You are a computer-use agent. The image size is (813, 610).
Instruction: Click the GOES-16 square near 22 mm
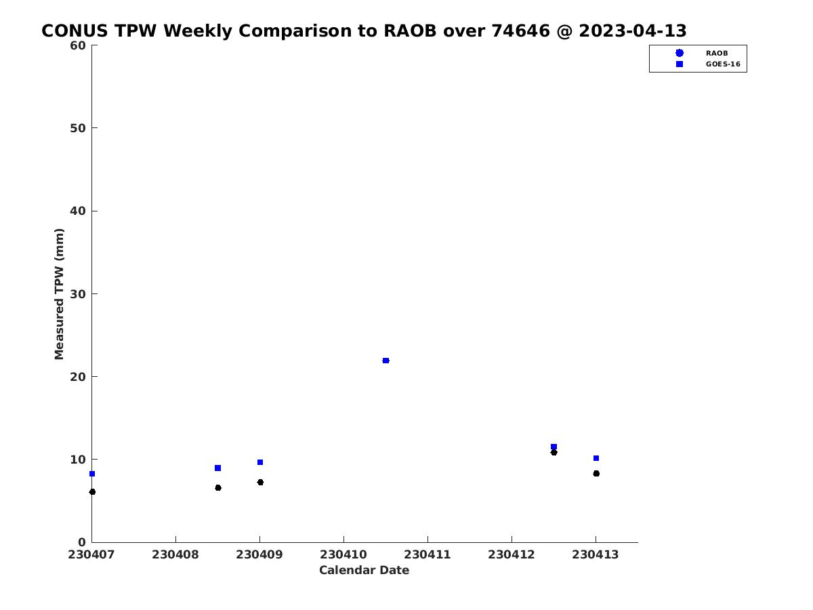point(385,361)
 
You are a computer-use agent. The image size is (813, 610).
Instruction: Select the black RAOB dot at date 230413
point(596,473)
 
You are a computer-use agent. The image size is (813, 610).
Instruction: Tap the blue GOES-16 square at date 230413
point(596,458)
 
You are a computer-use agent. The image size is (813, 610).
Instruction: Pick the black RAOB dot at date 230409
point(260,482)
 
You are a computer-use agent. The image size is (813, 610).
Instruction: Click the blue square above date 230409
point(260,462)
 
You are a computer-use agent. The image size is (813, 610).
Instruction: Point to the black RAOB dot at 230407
point(92,492)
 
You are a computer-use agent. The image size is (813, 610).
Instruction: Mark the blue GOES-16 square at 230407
point(92,474)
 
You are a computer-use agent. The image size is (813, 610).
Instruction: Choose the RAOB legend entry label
point(717,54)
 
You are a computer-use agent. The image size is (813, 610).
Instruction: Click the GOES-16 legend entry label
point(723,64)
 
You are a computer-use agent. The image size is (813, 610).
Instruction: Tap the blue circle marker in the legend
point(680,53)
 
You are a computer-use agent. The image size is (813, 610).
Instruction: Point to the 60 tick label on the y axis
point(78,45)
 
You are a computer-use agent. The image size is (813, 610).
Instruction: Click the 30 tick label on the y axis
point(78,294)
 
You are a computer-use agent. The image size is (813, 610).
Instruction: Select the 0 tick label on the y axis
point(82,542)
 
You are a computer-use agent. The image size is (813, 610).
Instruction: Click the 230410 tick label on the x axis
point(343,555)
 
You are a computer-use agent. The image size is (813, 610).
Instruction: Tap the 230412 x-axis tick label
point(511,555)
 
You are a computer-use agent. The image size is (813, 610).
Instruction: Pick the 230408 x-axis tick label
point(175,555)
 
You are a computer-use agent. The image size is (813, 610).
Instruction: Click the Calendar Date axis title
point(364,570)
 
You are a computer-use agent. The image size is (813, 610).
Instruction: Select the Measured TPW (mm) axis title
point(59,294)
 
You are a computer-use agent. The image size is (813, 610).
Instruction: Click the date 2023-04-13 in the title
point(633,30)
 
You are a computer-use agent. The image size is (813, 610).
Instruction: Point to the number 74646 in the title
point(520,30)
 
